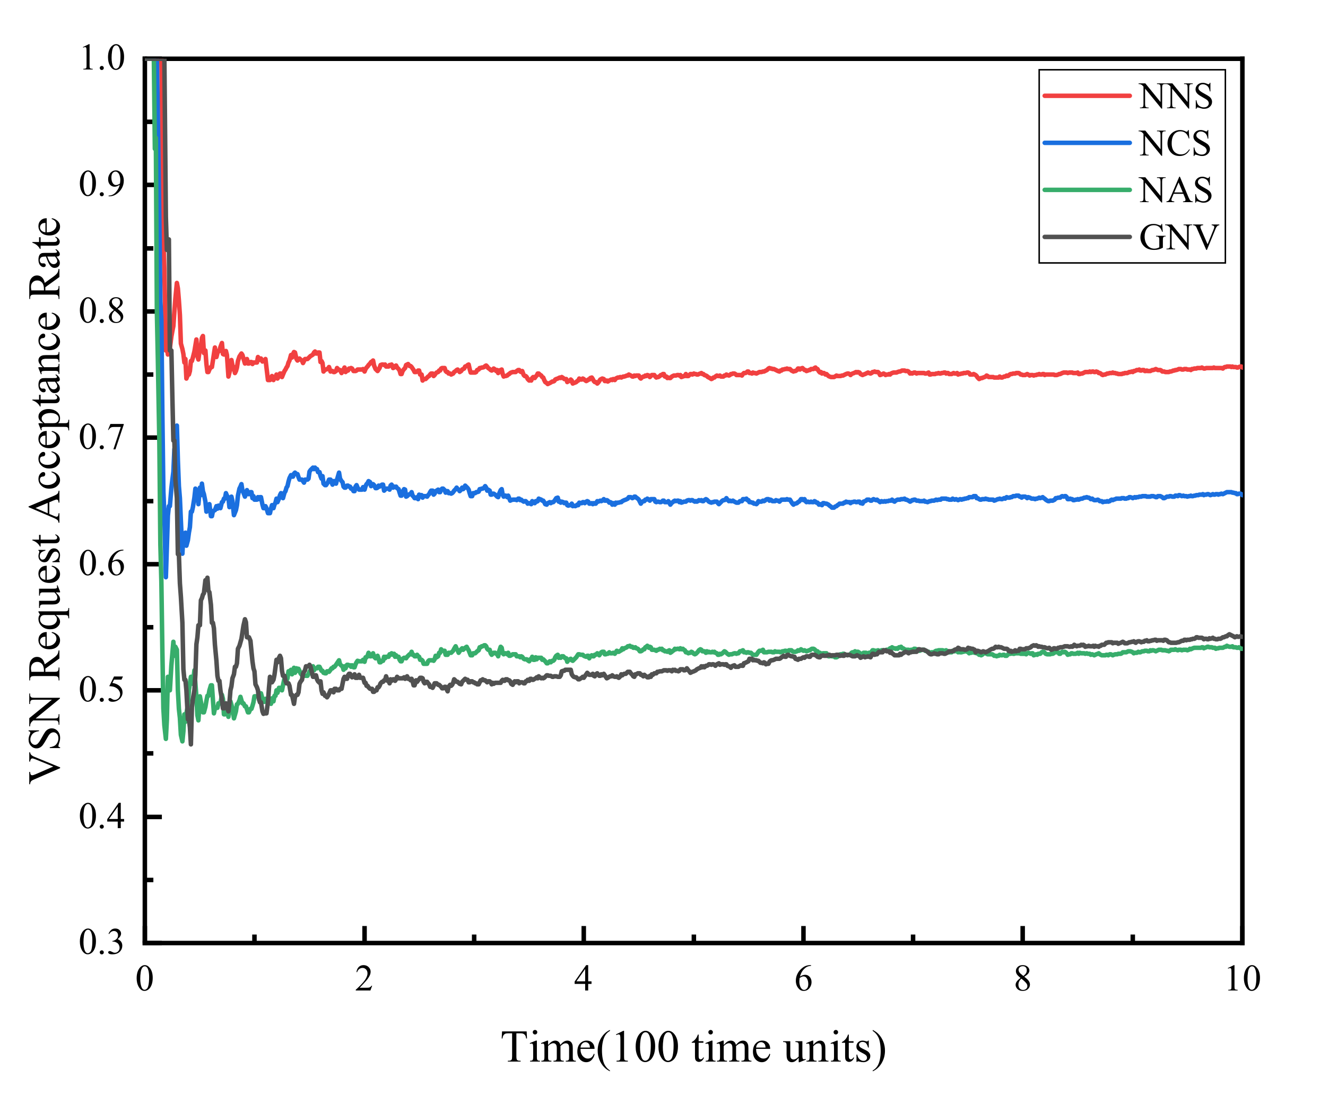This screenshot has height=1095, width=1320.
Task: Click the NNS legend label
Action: coord(1176,98)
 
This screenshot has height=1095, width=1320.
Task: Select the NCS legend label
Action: coord(1174,144)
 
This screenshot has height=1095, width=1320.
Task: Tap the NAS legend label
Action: coord(1176,190)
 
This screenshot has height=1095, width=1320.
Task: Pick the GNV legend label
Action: coord(1178,238)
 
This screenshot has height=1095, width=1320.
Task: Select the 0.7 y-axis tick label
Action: coord(102,438)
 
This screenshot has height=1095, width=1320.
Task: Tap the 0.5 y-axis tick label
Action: coord(102,690)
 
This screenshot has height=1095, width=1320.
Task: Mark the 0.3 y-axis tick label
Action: coord(102,942)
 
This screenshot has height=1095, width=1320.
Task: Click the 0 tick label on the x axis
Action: coord(144,979)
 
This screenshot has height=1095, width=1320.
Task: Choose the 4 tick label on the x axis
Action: coord(583,979)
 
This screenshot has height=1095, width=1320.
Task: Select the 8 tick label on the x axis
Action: coord(1023,979)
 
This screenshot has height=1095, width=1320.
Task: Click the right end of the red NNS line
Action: coord(1241,367)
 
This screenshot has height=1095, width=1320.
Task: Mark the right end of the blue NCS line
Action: coord(1241,494)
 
